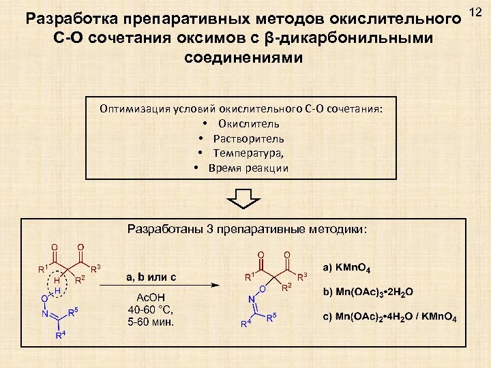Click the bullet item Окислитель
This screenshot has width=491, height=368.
(248, 123)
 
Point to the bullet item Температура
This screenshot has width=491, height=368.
(248, 153)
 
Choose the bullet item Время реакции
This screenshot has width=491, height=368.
(248, 168)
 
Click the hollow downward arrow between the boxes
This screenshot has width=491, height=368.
(244, 199)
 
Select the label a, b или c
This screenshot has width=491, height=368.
(151, 277)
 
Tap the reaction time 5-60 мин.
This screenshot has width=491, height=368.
(151, 322)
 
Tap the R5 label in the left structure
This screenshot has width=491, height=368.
(73, 313)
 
